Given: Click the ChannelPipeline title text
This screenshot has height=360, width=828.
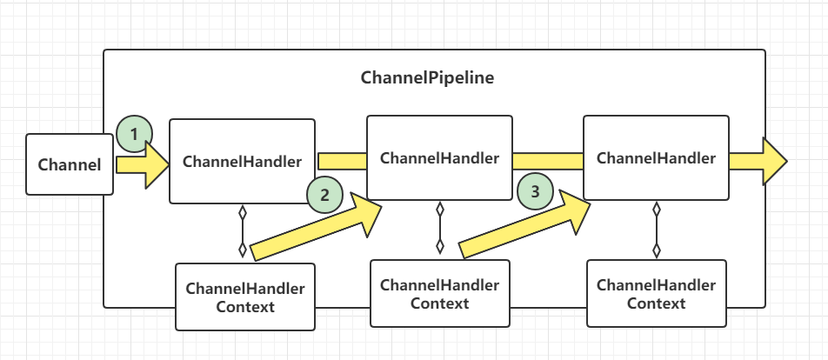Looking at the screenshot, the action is (x=428, y=78).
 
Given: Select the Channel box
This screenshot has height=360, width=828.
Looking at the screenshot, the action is (x=70, y=164).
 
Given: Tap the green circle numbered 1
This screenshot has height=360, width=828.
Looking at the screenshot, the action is (x=135, y=134).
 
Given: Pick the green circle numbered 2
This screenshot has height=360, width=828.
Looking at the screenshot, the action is (x=324, y=195).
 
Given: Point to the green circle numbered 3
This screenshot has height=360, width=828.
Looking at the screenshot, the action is (x=536, y=191).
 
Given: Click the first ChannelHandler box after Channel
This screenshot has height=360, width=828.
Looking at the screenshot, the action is (x=242, y=161).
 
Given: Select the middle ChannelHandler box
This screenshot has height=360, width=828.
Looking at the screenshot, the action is (x=439, y=158).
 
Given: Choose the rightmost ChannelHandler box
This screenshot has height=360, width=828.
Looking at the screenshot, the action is (x=656, y=158).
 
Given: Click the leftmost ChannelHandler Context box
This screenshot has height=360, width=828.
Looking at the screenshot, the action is (x=245, y=297).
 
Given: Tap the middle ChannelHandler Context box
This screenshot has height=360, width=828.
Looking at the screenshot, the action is (x=440, y=294).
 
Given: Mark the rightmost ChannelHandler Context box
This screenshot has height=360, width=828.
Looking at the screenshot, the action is (x=657, y=294).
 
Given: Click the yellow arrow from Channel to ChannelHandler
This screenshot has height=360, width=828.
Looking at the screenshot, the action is (x=143, y=164).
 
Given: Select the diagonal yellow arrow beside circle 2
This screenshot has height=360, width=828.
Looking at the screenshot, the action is (x=317, y=226).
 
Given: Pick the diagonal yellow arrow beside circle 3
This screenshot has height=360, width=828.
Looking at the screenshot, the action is (x=525, y=223).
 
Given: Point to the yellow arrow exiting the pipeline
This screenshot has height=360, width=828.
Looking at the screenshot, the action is (x=758, y=161).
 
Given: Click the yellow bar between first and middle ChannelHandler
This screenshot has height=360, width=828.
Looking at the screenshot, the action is (x=342, y=161).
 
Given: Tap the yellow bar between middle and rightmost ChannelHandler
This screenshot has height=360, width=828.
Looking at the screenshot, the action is (x=548, y=161).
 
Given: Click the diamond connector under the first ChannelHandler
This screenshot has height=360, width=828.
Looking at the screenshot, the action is (x=243, y=231).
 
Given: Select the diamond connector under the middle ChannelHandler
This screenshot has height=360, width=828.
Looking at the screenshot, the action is (x=440, y=228).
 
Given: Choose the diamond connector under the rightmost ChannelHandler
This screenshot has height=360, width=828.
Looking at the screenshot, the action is (x=657, y=230).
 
